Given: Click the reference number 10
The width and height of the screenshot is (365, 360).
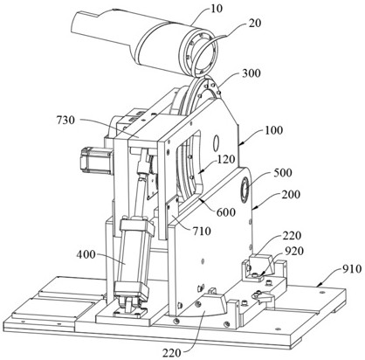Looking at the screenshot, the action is [x=217, y=8].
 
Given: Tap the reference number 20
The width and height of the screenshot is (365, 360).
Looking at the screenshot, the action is [x=255, y=23].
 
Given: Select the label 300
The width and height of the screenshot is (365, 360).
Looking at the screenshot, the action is [x=251, y=73].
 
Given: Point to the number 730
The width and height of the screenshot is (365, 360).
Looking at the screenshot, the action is [x=65, y=120].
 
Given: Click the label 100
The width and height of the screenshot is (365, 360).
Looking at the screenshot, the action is [x=273, y=129].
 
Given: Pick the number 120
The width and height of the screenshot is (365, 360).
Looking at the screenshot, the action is [x=225, y=159].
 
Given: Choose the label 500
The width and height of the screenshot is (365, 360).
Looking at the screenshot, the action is [x=283, y=173].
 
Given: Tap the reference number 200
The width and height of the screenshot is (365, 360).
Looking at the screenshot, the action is [x=291, y=194].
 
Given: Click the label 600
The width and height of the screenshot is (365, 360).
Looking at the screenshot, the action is [x=226, y=212].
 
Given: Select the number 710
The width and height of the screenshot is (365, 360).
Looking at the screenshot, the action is [x=202, y=231].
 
